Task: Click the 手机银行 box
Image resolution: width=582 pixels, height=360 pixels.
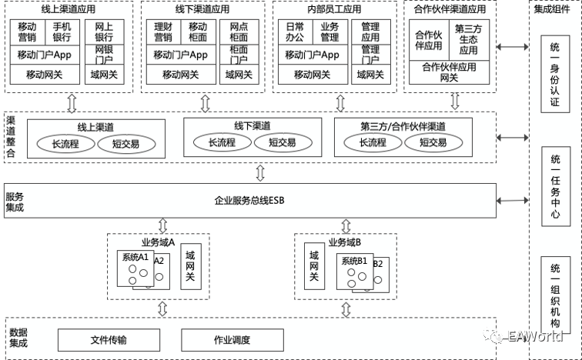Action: (x=62, y=32)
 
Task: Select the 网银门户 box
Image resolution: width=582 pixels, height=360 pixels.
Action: (x=104, y=55)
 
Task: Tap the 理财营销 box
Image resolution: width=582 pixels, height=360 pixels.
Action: (x=162, y=32)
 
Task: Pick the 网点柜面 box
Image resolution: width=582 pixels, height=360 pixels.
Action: (x=239, y=32)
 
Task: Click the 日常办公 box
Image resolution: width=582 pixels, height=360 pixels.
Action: (x=294, y=32)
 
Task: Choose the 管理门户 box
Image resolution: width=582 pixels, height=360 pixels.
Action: (x=370, y=55)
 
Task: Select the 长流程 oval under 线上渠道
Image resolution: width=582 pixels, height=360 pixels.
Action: (x=66, y=142)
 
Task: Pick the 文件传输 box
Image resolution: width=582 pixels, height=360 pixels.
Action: (x=109, y=339)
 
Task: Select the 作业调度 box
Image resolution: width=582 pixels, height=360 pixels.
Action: (x=231, y=339)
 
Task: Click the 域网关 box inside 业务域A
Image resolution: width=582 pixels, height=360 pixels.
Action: (x=190, y=266)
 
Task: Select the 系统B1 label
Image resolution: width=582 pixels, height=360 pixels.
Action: (x=353, y=260)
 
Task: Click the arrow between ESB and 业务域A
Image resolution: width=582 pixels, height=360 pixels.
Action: (x=162, y=225)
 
